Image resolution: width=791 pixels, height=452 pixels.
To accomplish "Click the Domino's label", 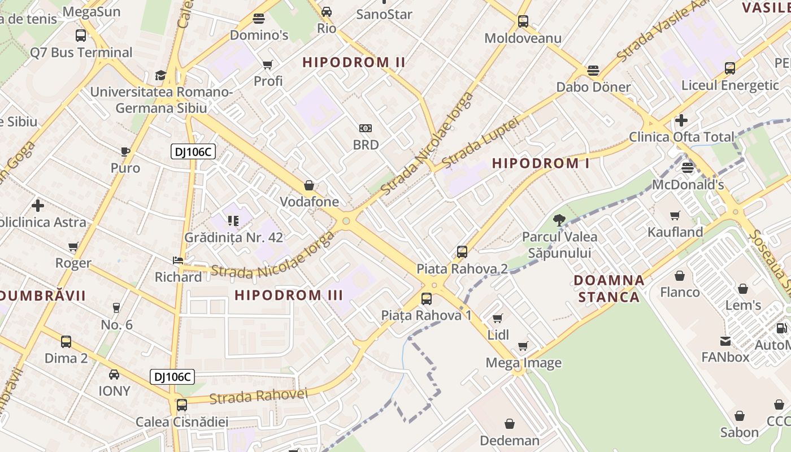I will [x=259, y=35].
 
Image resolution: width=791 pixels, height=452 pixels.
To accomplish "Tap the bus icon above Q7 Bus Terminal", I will [x=81, y=35].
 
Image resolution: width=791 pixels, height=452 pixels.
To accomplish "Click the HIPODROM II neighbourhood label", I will [x=354, y=62].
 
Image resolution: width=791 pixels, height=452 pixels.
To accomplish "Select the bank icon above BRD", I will [x=366, y=128].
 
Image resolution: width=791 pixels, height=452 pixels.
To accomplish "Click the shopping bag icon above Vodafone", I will [x=309, y=185].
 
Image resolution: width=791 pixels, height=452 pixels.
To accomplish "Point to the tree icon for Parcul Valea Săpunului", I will [x=559, y=220].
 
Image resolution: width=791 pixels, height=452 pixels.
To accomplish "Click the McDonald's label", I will [x=688, y=185].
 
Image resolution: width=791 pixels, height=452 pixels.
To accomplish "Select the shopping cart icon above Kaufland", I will [x=675, y=215].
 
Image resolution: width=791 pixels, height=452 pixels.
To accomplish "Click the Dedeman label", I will [x=509, y=440].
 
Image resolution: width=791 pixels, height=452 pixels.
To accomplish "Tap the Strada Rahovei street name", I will [x=258, y=396].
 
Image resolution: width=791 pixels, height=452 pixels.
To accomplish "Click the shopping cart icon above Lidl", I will [x=497, y=319].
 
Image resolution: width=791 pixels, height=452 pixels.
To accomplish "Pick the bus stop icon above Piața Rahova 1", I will [x=427, y=299].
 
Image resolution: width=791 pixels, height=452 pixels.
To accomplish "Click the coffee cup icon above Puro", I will [x=125, y=151].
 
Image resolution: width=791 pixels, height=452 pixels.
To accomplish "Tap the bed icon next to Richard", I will [x=177, y=260].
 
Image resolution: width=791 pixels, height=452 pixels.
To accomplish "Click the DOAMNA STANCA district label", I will [x=609, y=288].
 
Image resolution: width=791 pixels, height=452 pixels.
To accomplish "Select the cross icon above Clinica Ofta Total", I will [x=681, y=120].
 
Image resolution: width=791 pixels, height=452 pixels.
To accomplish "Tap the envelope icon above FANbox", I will [x=725, y=341].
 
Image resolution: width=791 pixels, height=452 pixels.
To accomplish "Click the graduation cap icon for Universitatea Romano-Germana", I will [x=160, y=75].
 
